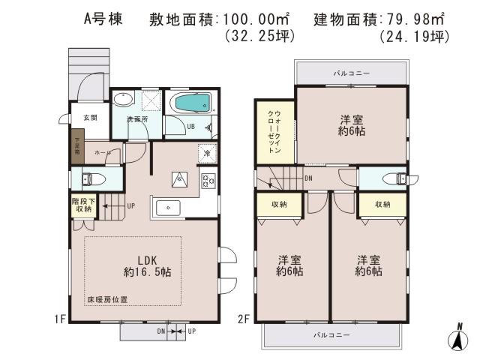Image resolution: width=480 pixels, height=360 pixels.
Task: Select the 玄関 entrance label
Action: tap(90, 118)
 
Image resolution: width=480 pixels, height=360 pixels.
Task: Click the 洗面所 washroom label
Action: tap(135, 119)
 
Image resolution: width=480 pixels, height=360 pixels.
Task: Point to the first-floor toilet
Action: tap(89, 179)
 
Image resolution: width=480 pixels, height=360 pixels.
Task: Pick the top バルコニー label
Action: tap(352, 73)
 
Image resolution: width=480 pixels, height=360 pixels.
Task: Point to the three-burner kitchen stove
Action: tap(208, 181)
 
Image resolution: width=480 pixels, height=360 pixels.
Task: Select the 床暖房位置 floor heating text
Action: tap(106, 299)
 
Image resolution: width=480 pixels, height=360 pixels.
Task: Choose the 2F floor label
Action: tap(244, 318)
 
